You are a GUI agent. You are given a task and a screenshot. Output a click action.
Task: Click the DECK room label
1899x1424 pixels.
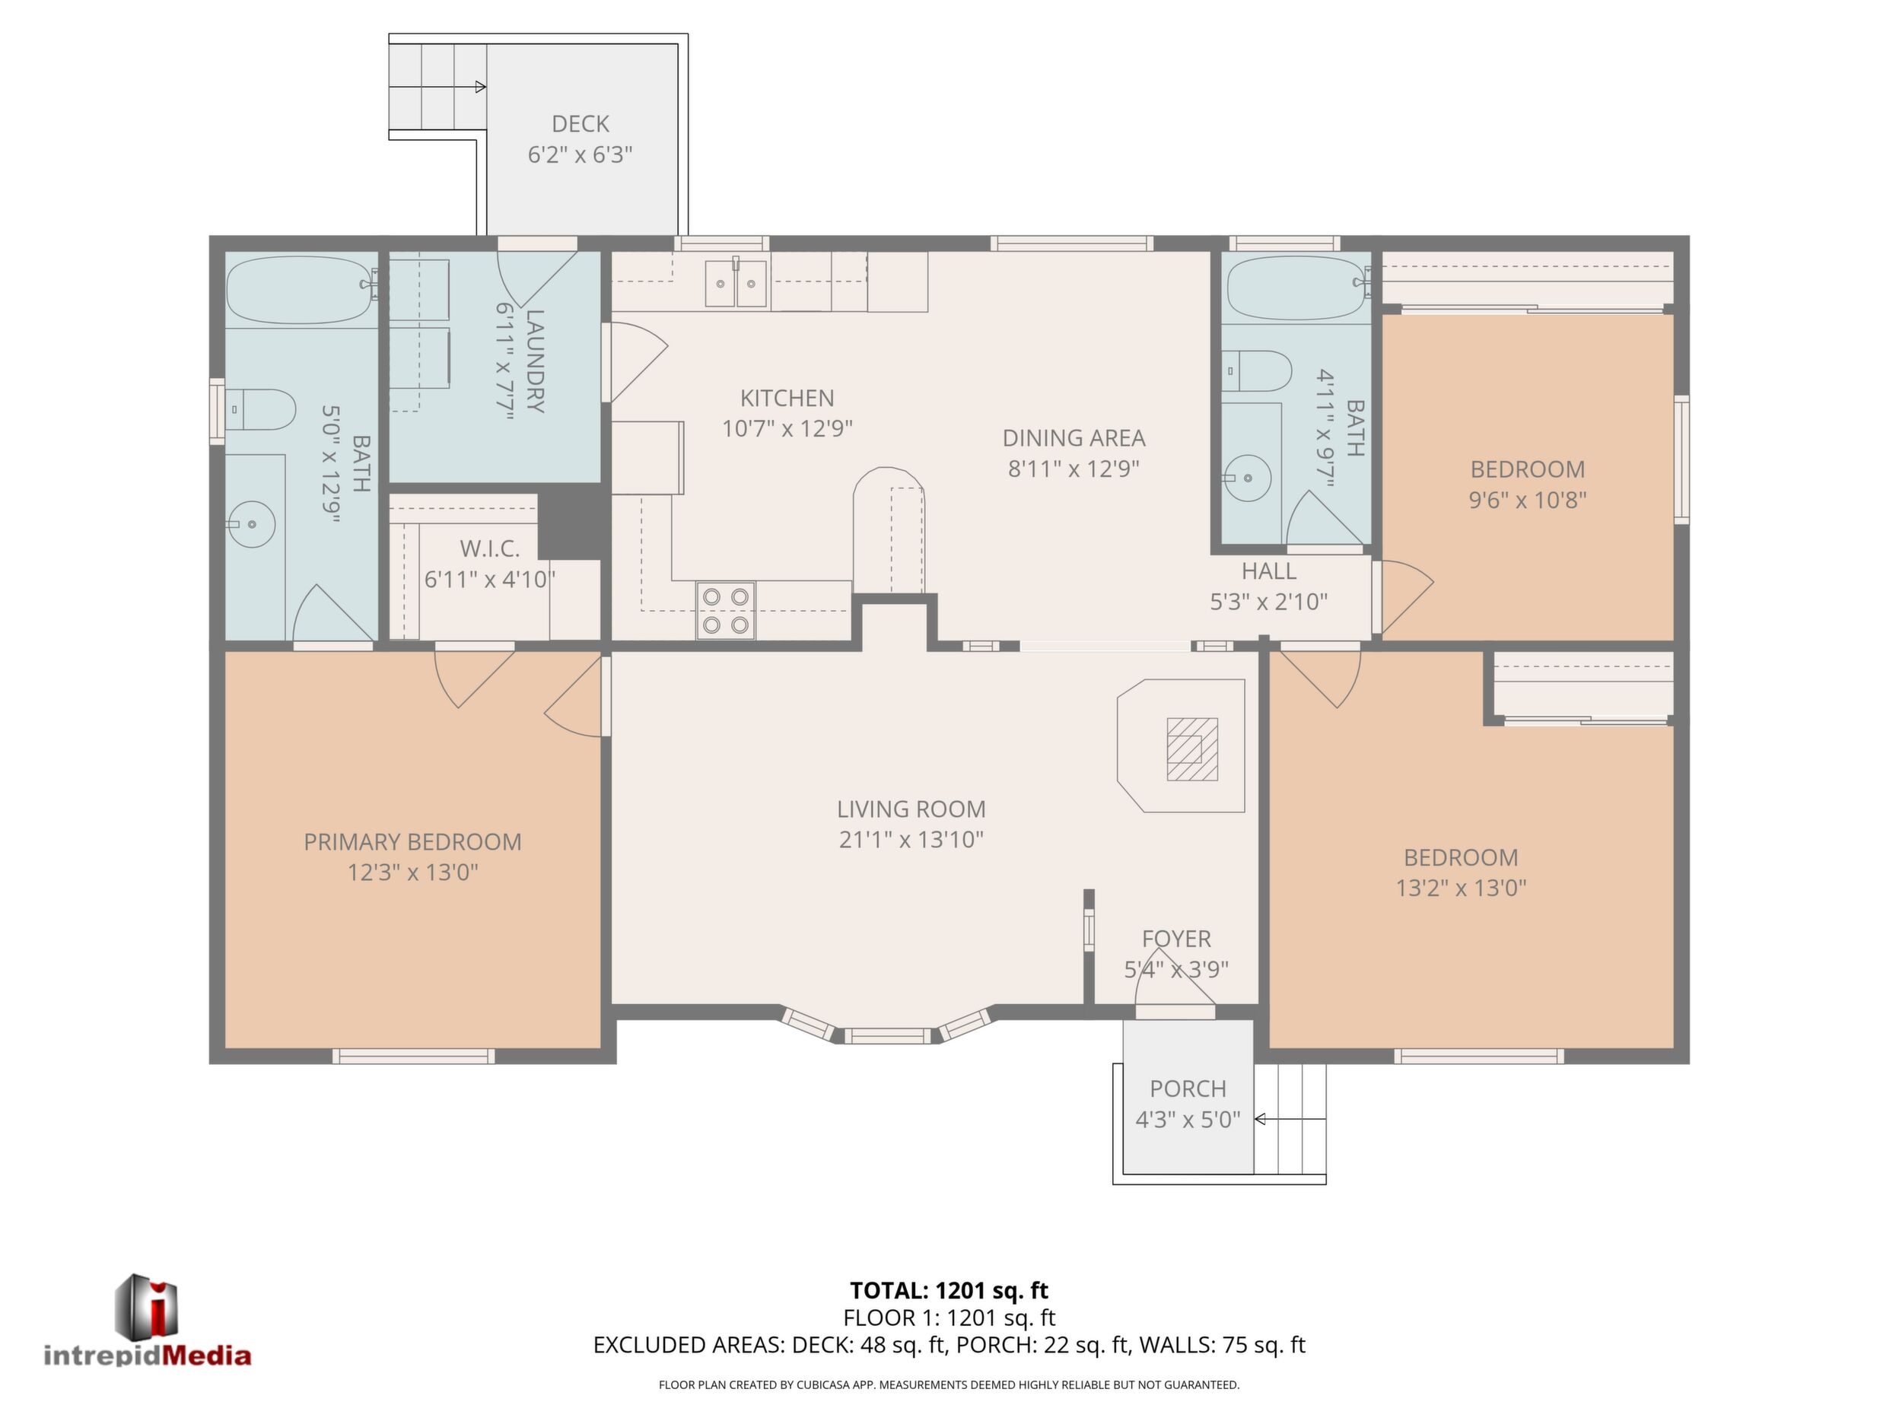(x=581, y=125)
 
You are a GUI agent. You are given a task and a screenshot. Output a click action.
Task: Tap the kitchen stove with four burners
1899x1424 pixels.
(x=725, y=610)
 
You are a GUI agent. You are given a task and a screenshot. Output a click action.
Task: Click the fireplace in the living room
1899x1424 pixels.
(x=1182, y=746)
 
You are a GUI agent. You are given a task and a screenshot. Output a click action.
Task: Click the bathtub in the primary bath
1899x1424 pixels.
(x=301, y=289)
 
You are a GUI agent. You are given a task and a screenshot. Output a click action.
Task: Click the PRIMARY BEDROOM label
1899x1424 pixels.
(x=413, y=842)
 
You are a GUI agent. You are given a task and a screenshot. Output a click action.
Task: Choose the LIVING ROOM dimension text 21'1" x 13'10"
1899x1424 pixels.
(x=911, y=840)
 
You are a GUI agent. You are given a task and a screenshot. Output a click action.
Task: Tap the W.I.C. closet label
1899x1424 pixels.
(x=490, y=548)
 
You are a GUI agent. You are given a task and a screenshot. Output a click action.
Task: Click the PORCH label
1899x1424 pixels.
(x=1188, y=1089)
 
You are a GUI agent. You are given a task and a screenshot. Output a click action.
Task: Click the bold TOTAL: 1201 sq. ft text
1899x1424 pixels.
(x=949, y=1290)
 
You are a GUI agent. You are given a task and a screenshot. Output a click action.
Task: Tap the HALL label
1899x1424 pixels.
(x=1269, y=571)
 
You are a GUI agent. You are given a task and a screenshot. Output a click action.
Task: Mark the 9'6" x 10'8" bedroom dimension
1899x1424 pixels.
(x=1527, y=501)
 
